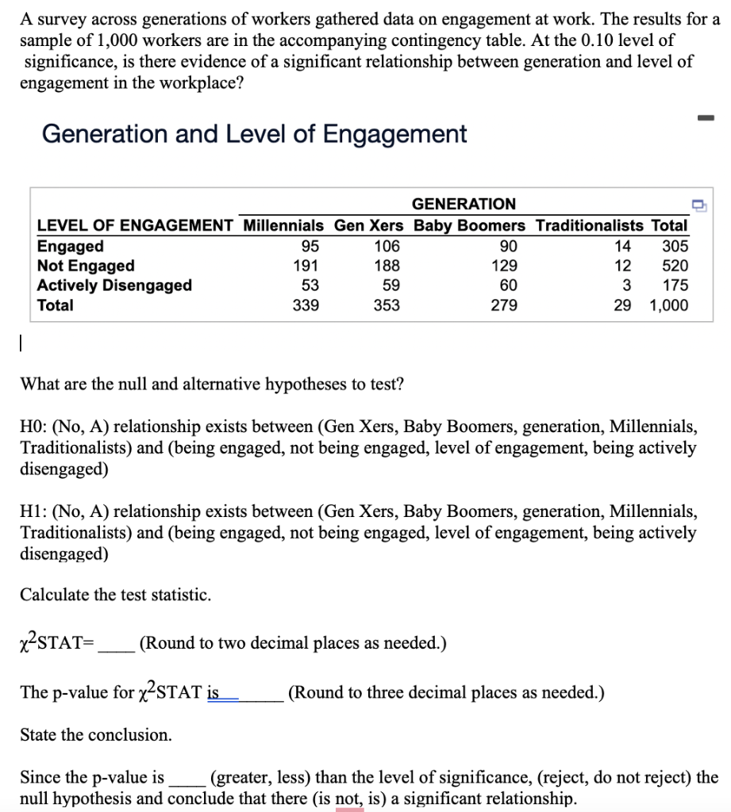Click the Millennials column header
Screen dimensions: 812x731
point(283,226)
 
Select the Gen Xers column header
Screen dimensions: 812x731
point(368,226)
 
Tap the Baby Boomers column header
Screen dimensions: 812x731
point(469,226)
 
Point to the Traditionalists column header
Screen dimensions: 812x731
point(591,226)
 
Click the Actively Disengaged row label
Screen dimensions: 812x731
point(114,285)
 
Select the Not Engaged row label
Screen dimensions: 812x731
point(86,266)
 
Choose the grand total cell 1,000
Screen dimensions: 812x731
point(668,305)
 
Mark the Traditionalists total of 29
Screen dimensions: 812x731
point(623,305)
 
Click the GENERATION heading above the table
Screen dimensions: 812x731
point(464,205)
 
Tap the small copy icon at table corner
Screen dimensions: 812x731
point(699,205)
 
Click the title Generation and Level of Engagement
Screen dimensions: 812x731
point(254,134)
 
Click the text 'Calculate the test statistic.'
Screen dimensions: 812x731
point(116,595)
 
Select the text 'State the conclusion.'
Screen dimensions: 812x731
point(95,735)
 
